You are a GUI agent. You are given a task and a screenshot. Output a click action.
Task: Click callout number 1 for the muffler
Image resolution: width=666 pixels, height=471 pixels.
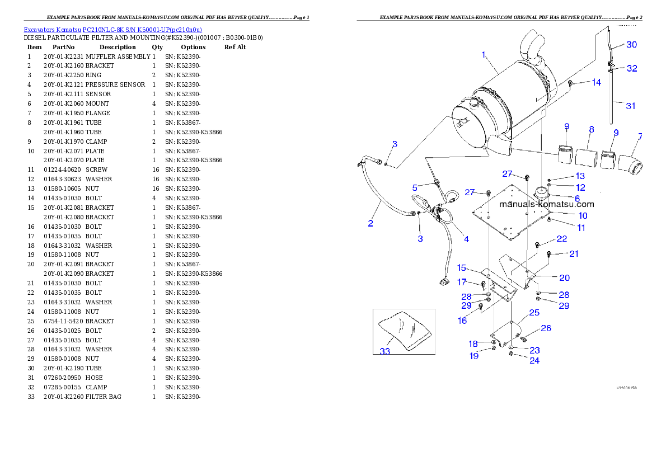pos(484,55)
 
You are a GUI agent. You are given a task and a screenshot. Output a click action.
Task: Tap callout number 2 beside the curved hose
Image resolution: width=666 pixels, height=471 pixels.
pos(370,224)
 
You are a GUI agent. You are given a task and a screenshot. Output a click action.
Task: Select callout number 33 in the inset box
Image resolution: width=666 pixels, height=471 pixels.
pos(385,351)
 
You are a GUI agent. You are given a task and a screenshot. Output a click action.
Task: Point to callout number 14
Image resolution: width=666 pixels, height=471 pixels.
pos(596,82)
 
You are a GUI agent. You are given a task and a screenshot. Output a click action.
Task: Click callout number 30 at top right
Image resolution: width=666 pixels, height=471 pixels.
pos(631,44)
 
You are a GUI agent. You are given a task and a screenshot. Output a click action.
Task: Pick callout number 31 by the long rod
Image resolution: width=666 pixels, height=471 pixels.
pos(631,105)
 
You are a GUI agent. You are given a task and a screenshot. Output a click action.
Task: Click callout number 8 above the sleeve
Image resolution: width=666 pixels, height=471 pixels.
pos(591,129)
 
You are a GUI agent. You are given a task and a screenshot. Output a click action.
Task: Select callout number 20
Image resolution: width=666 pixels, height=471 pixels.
pos(564,277)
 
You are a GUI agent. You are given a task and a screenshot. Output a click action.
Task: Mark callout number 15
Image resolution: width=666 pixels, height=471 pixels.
pos(462,267)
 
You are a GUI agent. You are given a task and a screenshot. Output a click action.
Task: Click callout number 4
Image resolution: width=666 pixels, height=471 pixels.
pos(466,239)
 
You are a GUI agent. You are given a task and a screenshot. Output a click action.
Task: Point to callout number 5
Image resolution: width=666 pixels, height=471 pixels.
pos(415,187)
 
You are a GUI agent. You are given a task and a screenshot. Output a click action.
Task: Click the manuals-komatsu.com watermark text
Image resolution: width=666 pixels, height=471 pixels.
pos(547,204)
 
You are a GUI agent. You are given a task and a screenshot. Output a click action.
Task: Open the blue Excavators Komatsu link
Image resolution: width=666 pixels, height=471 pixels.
pos(112,29)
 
